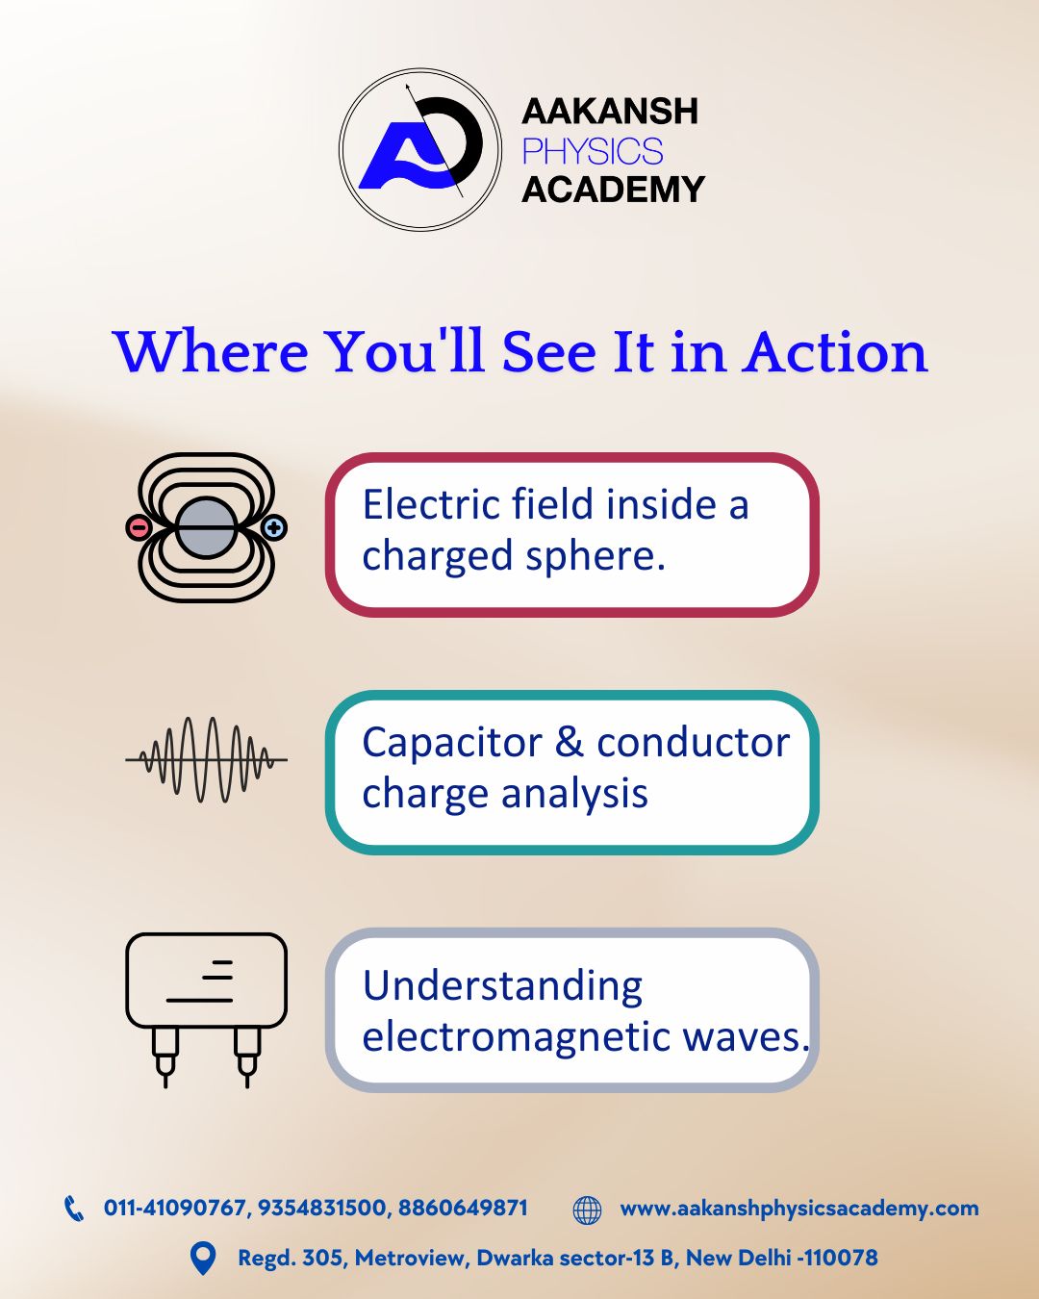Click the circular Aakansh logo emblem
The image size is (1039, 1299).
click(420, 149)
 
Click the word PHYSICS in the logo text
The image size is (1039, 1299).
click(592, 151)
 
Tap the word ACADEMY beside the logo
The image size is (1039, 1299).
click(613, 190)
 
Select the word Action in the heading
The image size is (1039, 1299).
click(834, 352)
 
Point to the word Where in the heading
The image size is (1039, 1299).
click(211, 352)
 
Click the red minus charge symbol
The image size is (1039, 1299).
click(139, 527)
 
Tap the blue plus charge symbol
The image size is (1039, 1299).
click(274, 527)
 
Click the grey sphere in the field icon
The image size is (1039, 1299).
click(206, 527)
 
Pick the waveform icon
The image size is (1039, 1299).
click(206, 759)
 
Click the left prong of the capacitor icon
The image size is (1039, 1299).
click(165, 1056)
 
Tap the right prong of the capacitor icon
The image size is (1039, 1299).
click(247, 1056)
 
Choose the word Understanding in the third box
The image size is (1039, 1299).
click(502, 986)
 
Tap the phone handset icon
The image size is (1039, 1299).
click(74, 1209)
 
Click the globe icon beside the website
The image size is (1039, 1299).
click(587, 1210)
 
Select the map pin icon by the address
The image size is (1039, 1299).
click(203, 1259)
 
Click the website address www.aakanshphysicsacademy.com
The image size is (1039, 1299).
click(798, 1209)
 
